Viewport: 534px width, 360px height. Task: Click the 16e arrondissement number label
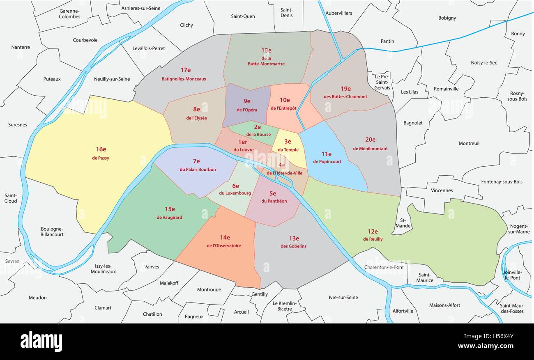[x=101, y=149]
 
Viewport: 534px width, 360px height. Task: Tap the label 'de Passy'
[x=101, y=158]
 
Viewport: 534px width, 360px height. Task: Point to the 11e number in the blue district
[x=327, y=154]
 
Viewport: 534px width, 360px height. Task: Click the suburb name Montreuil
[x=469, y=143]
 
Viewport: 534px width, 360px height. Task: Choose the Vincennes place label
[x=442, y=190]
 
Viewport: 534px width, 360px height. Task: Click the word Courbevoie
[x=85, y=40]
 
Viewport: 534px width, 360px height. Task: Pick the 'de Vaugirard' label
[x=169, y=218]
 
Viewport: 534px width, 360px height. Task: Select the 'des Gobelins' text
[x=293, y=246]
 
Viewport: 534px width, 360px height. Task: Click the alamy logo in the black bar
[x=41, y=342]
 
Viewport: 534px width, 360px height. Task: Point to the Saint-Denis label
[x=287, y=13]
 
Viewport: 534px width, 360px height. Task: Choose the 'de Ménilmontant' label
[x=370, y=149]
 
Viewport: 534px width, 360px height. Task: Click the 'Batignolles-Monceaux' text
[x=184, y=79]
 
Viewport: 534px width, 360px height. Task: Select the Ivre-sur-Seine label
[x=343, y=298]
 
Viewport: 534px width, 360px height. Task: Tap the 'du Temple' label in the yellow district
[x=288, y=150]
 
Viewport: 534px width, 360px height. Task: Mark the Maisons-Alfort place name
[x=444, y=305]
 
